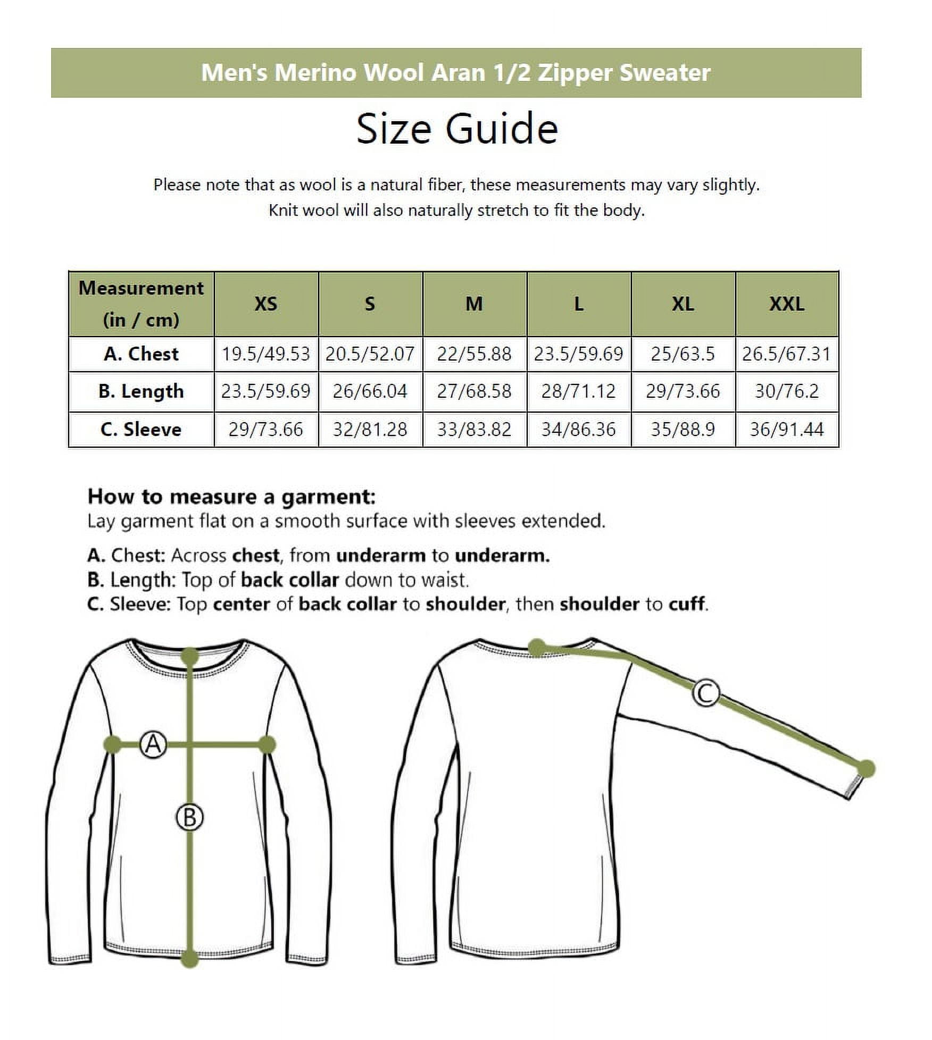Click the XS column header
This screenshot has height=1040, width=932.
pyautogui.click(x=265, y=304)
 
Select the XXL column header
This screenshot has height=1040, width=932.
pyautogui.click(x=786, y=304)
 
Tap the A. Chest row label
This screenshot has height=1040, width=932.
pyautogui.click(x=141, y=354)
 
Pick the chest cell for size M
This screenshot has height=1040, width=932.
pyautogui.click(x=474, y=354)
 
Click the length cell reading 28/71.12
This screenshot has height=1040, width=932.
pyautogui.click(x=578, y=391)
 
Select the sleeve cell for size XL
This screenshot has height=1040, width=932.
pyautogui.click(x=683, y=429)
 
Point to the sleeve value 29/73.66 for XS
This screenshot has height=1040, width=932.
pyautogui.click(x=265, y=429)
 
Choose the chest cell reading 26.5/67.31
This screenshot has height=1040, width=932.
pyautogui.click(x=786, y=354)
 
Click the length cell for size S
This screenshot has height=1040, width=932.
pyautogui.click(x=370, y=391)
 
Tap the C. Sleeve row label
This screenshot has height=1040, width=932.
pyautogui.click(x=141, y=429)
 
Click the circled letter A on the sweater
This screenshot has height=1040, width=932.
pyautogui.click(x=153, y=744)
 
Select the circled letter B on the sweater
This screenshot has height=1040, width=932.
pyautogui.click(x=190, y=817)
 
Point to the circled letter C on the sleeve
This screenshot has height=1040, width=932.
pyautogui.click(x=706, y=693)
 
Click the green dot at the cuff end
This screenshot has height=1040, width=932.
pyautogui.click(x=866, y=768)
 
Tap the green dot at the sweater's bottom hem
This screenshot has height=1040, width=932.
pyautogui.click(x=190, y=959)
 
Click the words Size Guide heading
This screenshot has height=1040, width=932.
pyautogui.click(x=457, y=129)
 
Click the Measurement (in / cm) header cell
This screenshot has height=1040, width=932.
pyautogui.click(x=141, y=304)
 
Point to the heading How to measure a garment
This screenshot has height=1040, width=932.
pyautogui.click(x=231, y=497)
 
